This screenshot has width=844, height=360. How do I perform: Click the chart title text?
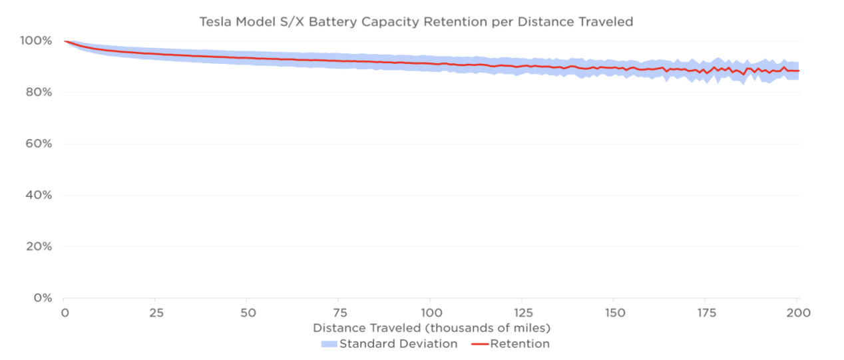[416, 22]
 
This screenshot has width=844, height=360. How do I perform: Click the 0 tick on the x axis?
[64, 313]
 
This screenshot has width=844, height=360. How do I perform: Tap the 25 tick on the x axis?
[154, 313]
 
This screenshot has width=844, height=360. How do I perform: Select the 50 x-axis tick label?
[246, 313]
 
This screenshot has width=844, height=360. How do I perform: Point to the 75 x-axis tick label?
[338, 313]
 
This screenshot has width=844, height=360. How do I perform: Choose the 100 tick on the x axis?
[430, 313]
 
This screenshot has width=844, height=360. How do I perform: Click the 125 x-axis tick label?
[522, 313]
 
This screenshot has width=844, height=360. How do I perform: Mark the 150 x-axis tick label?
[614, 313]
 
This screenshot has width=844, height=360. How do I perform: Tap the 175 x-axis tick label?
[706, 313]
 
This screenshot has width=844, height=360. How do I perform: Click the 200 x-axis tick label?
[797, 313]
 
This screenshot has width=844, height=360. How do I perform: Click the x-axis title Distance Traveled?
[431, 328]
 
